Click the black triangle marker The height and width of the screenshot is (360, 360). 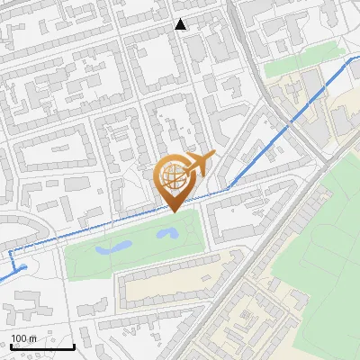click(x=181, y=24)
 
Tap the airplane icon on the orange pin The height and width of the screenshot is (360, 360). click(x=199, y=164)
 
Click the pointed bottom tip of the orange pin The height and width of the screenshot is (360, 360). click(x=173, y=211)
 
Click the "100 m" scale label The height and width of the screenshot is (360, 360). click(x=24, y=338)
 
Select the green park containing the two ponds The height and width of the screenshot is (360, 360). click(x=135, y=247)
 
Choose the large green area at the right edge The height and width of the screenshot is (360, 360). click(x=324, y=234)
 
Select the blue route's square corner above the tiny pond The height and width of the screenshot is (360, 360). click(x=11, y=254)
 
